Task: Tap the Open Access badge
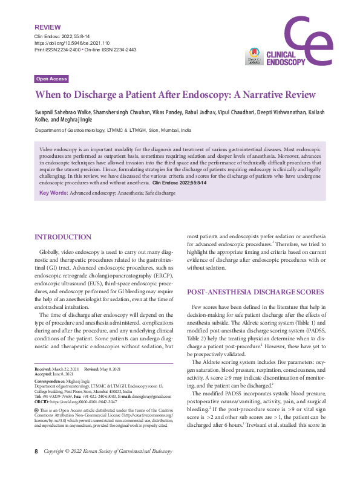pyautogui.click(x=51, y=79)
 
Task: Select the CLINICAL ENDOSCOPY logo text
pyautogui.click(x=287, y=59)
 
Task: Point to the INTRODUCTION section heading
pyautogui.click(x=64, y=237)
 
